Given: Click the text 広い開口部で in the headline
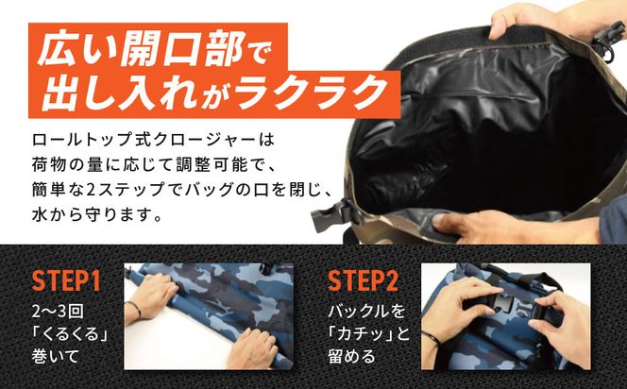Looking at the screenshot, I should tap(152, 48).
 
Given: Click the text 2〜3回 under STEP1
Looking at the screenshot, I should tap(52, 309).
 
